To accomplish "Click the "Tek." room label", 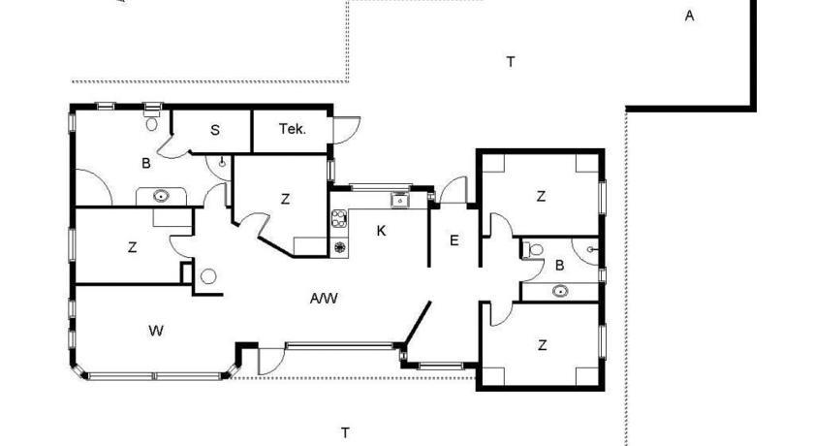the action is pyautogui.click(x=293, y=129).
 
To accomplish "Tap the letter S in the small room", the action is pyautogui.click(x=215, y=130).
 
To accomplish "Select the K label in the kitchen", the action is pyautogui.click(x=381, y=231).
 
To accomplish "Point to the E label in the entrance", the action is pyautogui.click(x=454, y=240).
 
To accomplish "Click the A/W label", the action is pyautogui.click(x=324, y=299).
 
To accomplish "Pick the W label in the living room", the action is pyautogui.click(x=156, y=331).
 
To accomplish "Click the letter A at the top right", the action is pyautogui.click(x=689, y=16).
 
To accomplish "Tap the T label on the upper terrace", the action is pyautogui.click(x=511, y=62).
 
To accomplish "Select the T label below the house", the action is pyautogui.click(x=345, y=432).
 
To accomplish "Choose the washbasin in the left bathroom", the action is pyautogui.click(x=161, y=196).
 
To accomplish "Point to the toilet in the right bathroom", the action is pyautogui.click(x=533, y=250).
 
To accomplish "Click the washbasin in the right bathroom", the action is pyautogui.click(x=560, y=291).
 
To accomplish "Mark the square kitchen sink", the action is pyautogui.click(x=400, y=200).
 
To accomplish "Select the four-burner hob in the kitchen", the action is pyautogui.click(x=339, y=218).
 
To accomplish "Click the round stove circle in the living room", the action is pyautogui.click(x=208, y=276).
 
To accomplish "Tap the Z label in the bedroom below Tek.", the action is pyautogui.click(x=285, y=199).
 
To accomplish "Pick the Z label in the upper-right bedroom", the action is pyautogui.click(x=541, y=196).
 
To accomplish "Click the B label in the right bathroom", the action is pyautogui.click(x=560, y=266).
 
